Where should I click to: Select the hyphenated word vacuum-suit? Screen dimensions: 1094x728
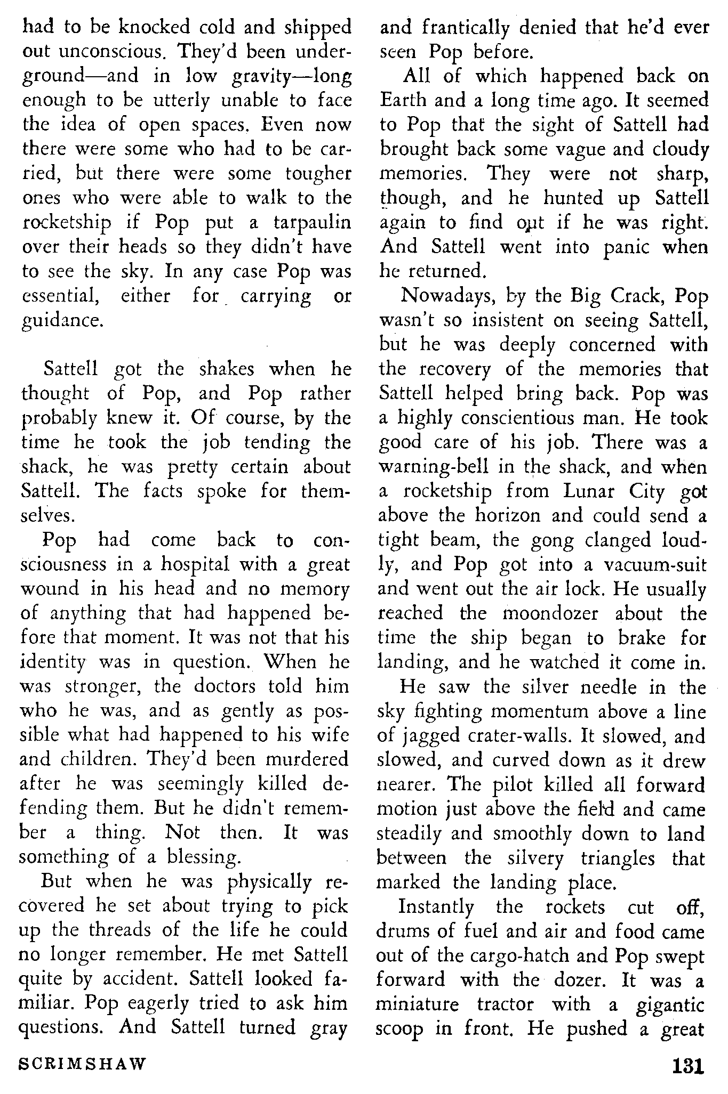pyautogui.click(x=654, y=564)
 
